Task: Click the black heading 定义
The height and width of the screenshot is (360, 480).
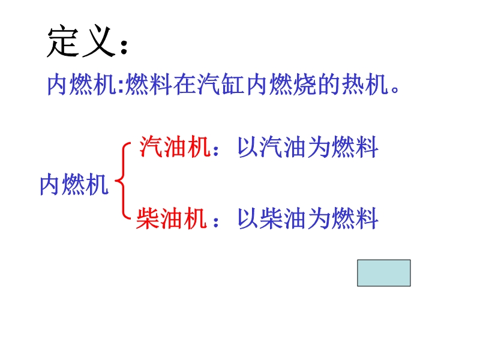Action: click(82, 41)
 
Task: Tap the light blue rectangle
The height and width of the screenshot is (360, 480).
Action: click(384, 273)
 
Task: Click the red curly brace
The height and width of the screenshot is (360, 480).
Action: click(123, 181)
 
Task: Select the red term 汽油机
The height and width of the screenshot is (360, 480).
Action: click(175, 147)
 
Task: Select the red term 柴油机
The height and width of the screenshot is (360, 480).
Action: click(172, 218)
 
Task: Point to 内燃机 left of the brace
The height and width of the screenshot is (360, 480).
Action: click(74, 184)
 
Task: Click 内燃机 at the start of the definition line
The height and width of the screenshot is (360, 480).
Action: click(82, 84)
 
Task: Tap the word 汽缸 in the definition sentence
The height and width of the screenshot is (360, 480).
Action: click(220, 84)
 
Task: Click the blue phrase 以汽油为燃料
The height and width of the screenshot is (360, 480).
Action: click(308, 147)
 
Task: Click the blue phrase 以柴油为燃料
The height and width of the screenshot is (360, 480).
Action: click(308, 218)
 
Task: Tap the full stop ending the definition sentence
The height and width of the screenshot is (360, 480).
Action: click(395, 89)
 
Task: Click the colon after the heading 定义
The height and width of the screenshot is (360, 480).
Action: click(124, 47)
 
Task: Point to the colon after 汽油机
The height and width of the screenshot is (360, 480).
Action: click(216, 150)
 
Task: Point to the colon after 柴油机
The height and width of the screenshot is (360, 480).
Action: click(216, 221)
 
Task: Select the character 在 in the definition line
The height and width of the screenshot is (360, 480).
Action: click(185, 84)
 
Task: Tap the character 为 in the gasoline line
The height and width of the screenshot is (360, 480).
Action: click(319, 147)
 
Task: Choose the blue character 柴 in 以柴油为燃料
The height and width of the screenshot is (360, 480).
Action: click(272, 218)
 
